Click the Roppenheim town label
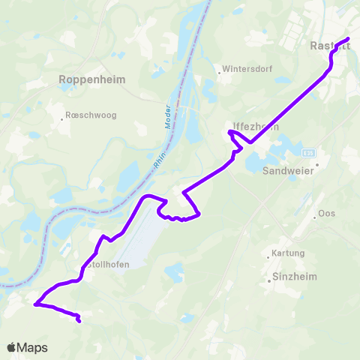pyautogui.click(x=92, y=79)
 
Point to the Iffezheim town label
pyautogui.click(x=256, y=126)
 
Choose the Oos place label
pyautogui.click(x=326, y=213)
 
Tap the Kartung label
pyautogui.click(x=288, y=253)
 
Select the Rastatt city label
pyautogui.click(x=331, y=46)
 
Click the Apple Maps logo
pyautogui.click(x=27, y=347)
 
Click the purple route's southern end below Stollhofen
pyautogui.click(x=79, y=322)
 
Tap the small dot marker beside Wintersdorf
pyautogui.click(x=219, y=73)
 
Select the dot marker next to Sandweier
pyautogui.click(x=317, y=163)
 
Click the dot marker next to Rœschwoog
pyautogui.click(x=62, y=118)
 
